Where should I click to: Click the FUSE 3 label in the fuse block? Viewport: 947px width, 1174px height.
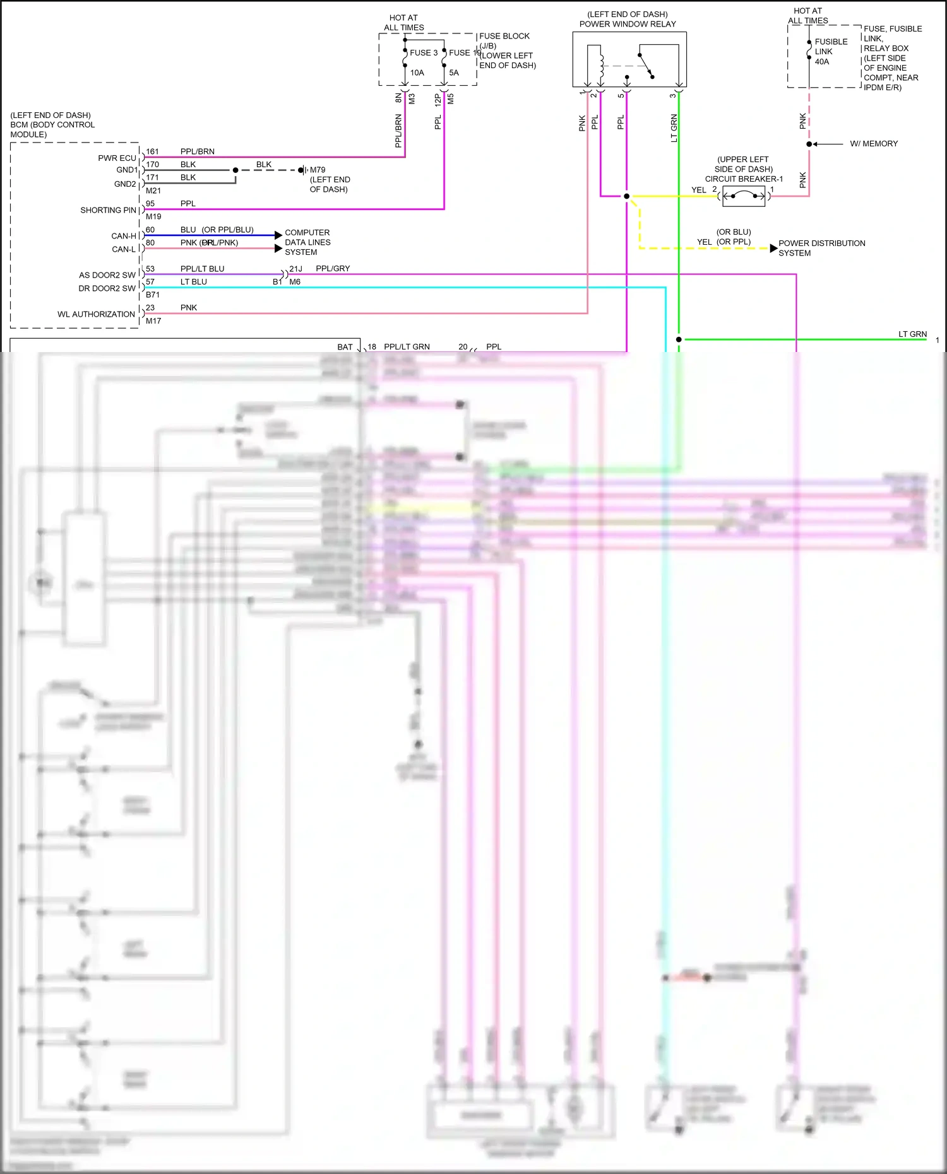point(424,53)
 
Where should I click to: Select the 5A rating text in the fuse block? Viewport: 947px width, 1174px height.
point(454,73)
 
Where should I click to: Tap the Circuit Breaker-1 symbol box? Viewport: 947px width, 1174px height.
point(743,196)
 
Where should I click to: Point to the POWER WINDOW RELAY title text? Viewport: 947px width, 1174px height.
point(628,24)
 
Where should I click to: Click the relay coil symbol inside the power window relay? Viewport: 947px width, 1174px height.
point(600,66)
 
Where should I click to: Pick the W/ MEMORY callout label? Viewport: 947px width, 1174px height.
point(873,144)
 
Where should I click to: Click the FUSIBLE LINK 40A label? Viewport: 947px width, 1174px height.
point(830,52)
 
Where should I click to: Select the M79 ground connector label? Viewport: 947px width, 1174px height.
point(318,170)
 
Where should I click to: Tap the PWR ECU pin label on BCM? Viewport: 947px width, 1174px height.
point(117,158)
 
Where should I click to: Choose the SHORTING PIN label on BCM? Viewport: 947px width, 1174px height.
point(108,210)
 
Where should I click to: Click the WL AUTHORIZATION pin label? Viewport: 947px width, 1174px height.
point(96,314)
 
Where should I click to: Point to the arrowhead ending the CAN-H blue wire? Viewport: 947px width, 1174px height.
point(278,235)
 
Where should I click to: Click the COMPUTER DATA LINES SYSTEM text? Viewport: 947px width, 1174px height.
point(307,242)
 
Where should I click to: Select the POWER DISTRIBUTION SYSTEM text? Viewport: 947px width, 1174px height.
point(821,248)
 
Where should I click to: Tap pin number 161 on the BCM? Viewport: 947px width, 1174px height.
point(152,151)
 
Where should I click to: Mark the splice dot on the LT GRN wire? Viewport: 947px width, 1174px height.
point(679,339)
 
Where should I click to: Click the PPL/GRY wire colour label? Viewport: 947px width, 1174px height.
point(333,269)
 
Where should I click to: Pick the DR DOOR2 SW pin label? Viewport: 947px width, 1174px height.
point(107,288)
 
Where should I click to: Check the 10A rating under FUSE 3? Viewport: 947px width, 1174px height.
point(417,73)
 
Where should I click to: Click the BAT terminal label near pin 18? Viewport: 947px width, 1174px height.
point(345,347)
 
